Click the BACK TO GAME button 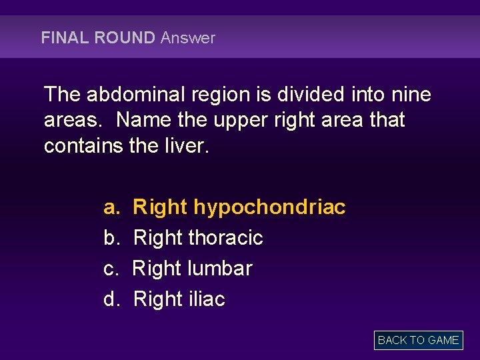pos(418,340)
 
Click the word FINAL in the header pos(65,38)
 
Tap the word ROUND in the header pos(125,38)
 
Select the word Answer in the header pos(188,38)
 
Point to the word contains pos(83,145)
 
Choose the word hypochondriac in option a pos(269,208)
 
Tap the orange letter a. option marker pos(111,208)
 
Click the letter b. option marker pos(111,238)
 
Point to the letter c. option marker pos(111,269)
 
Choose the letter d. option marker pos(111,299)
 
